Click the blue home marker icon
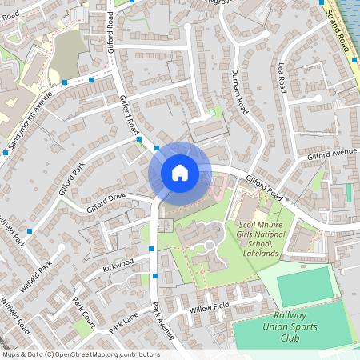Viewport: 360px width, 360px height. [179, 172]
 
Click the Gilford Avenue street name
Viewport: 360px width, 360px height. [331, 154]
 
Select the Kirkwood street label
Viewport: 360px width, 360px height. [118, 266]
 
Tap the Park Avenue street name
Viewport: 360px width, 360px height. [163, 319]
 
